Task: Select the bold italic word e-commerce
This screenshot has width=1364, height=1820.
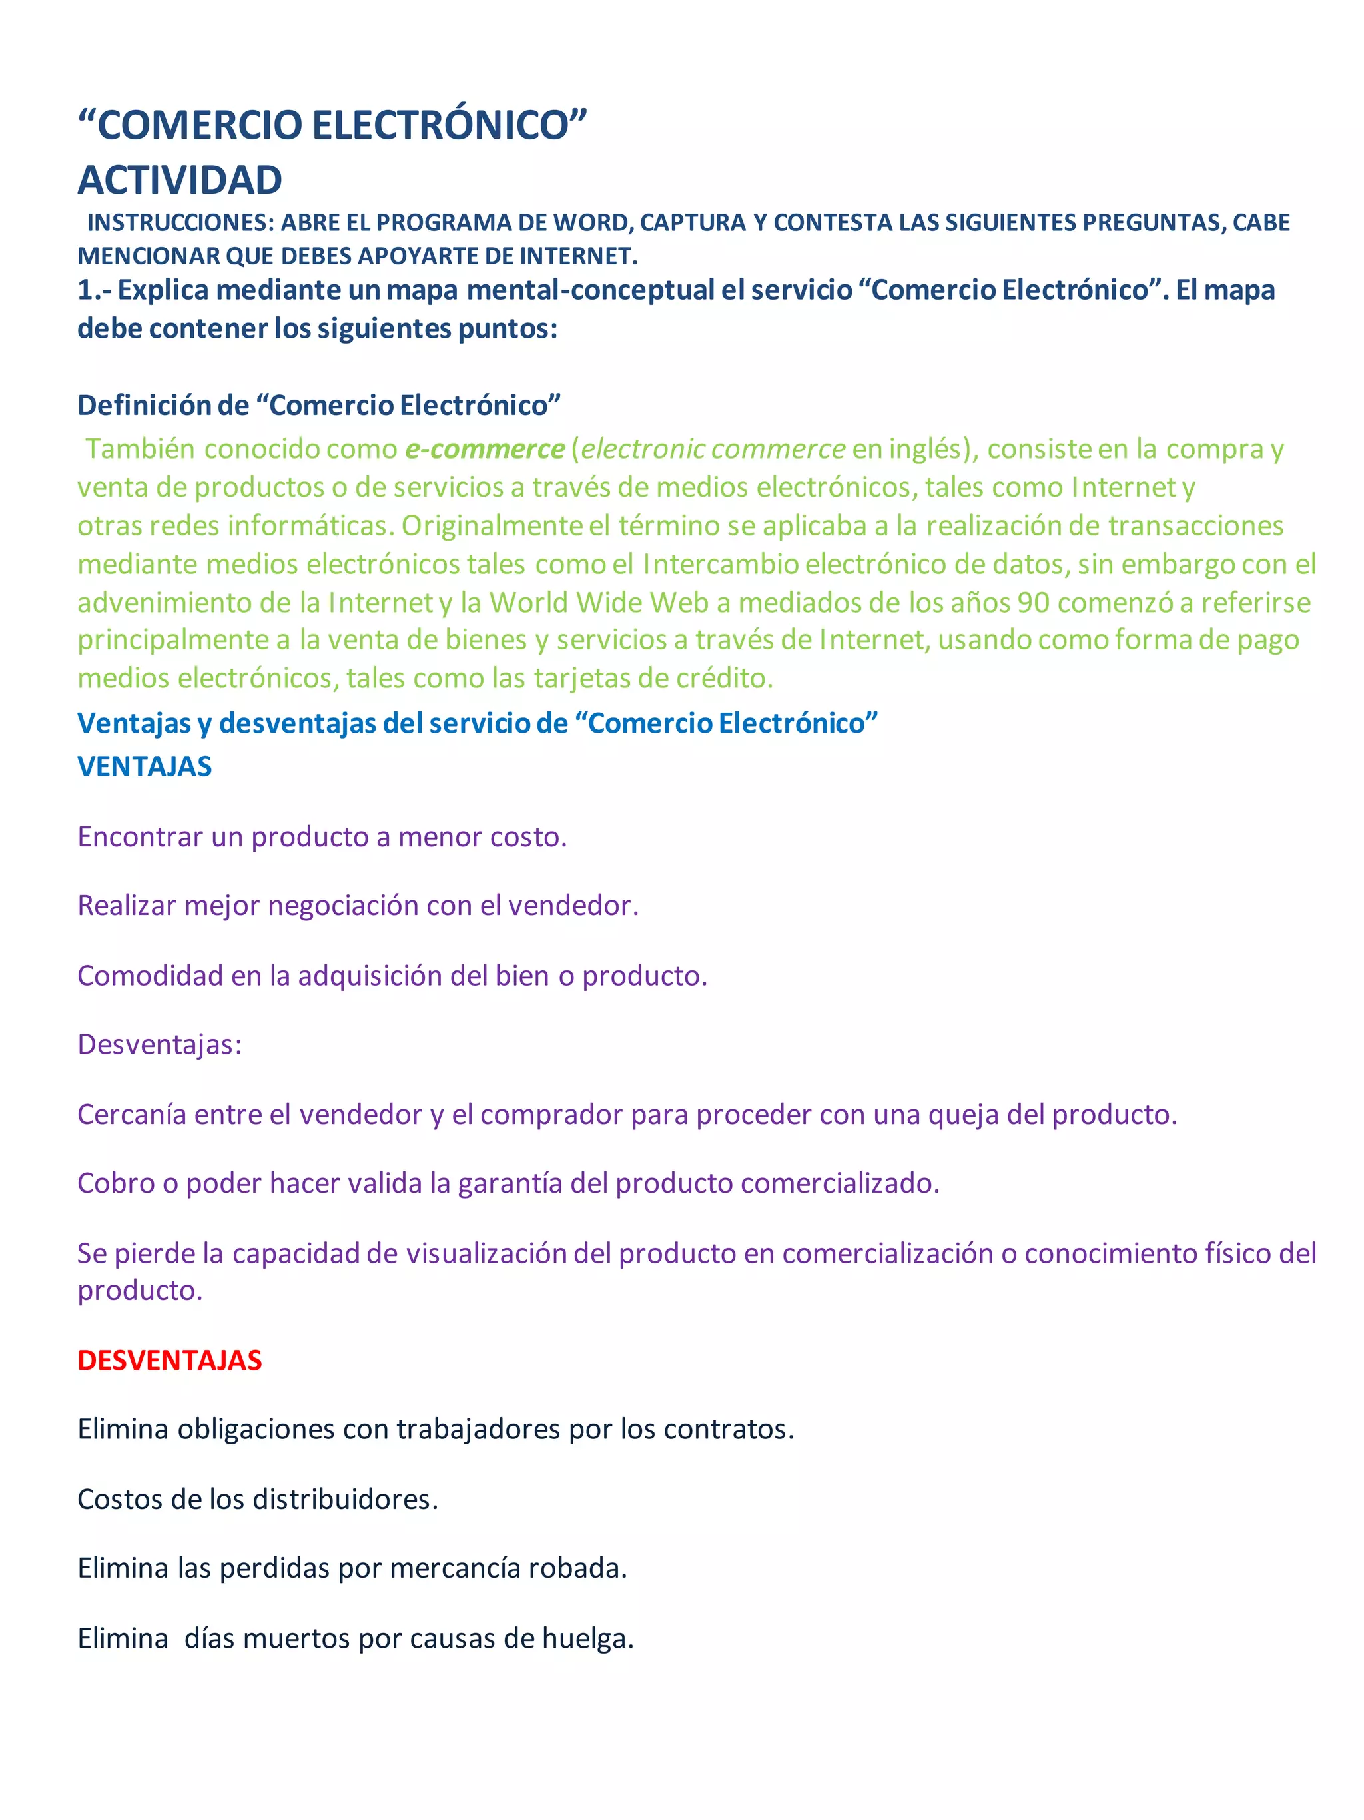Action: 485,450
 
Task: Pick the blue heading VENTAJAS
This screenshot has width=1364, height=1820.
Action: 145,767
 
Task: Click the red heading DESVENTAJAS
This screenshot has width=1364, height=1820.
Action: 169,1360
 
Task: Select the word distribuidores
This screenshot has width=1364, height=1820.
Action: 345,1499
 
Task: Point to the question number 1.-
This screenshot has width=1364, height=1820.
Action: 95,290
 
